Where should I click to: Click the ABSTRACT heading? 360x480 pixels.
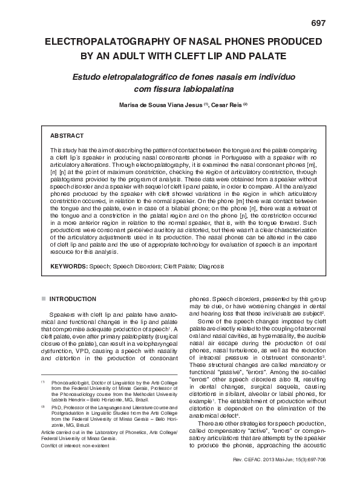coord(67,136)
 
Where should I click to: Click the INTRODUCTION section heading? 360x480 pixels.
coord(72,299)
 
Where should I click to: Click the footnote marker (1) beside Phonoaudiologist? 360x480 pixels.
coord(43,383)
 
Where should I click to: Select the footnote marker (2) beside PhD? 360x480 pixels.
coord(43,409)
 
